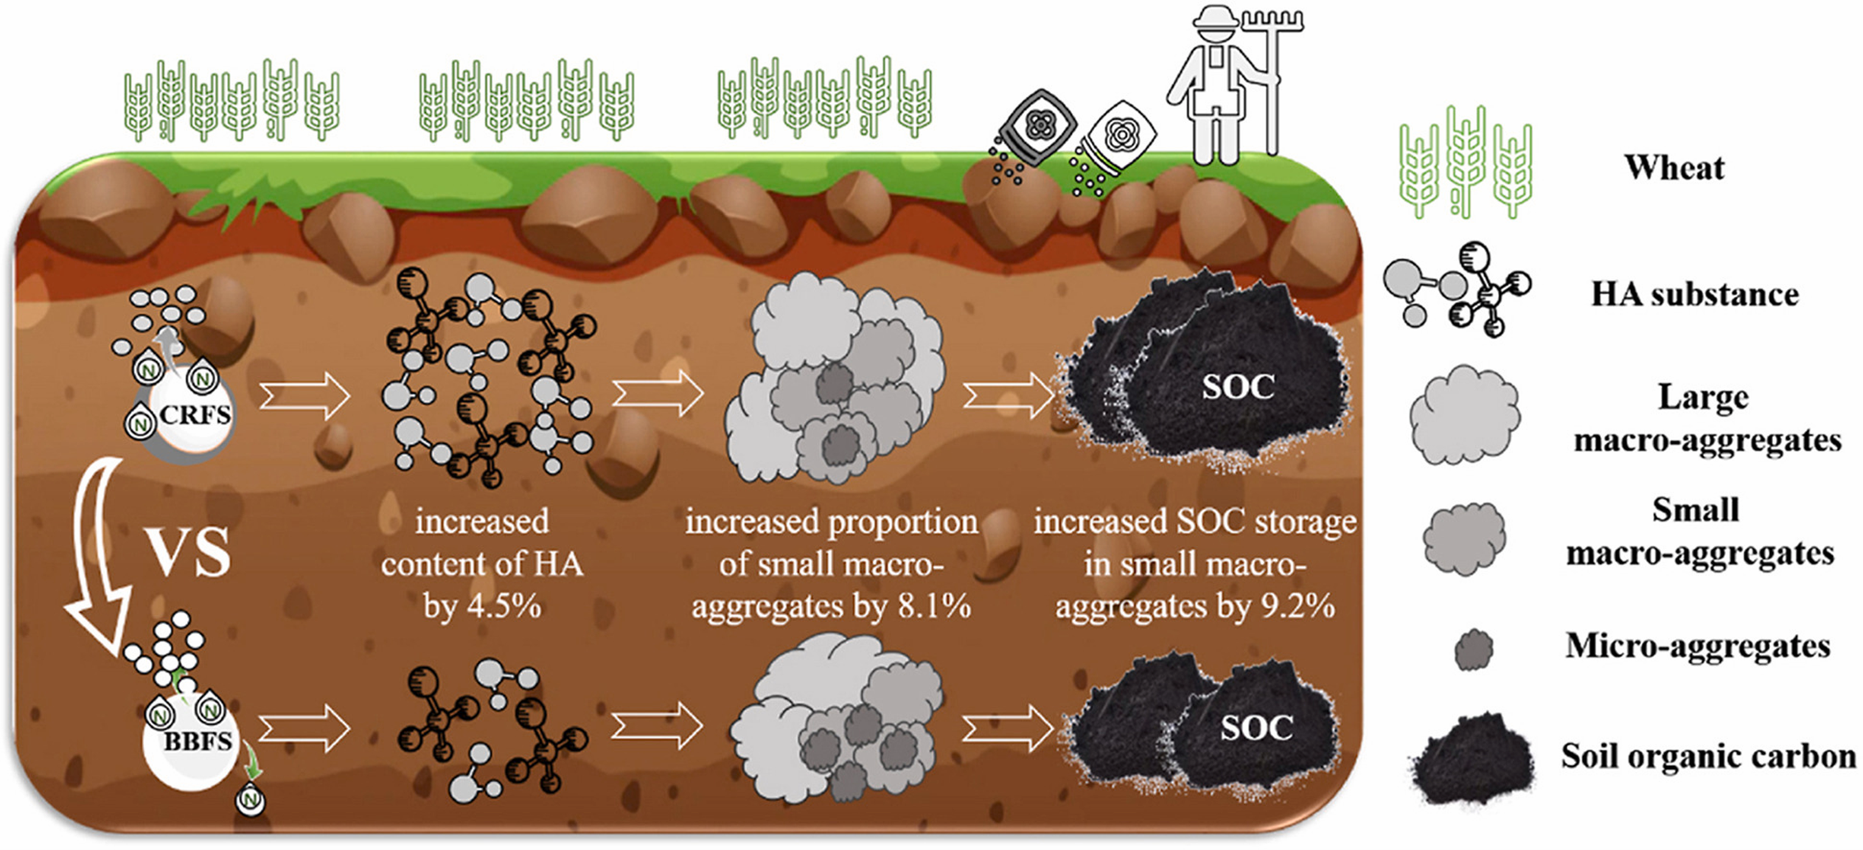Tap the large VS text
point(190,553)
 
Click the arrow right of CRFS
point(304,397)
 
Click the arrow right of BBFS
point(304,729)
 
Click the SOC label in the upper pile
point(1238,388)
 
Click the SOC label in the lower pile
point(1256,728)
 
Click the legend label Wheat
point(1674,168)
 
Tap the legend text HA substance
point(1694,295)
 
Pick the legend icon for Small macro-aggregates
point(1464,538)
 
